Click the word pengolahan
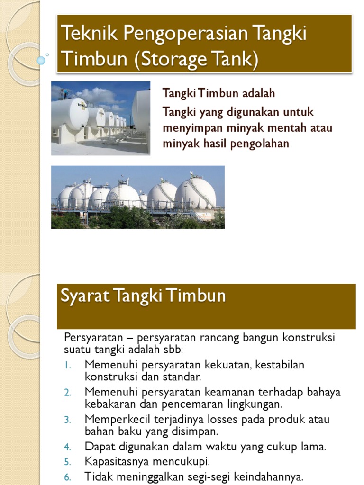click(x=259, y=144)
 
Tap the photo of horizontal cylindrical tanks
click(x=100, y=118)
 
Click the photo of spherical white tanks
click(x=137, y=197)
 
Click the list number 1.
click(x=67, y=366)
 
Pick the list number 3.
click(x=67, y=420)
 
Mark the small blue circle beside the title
click(x=41, y=60)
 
